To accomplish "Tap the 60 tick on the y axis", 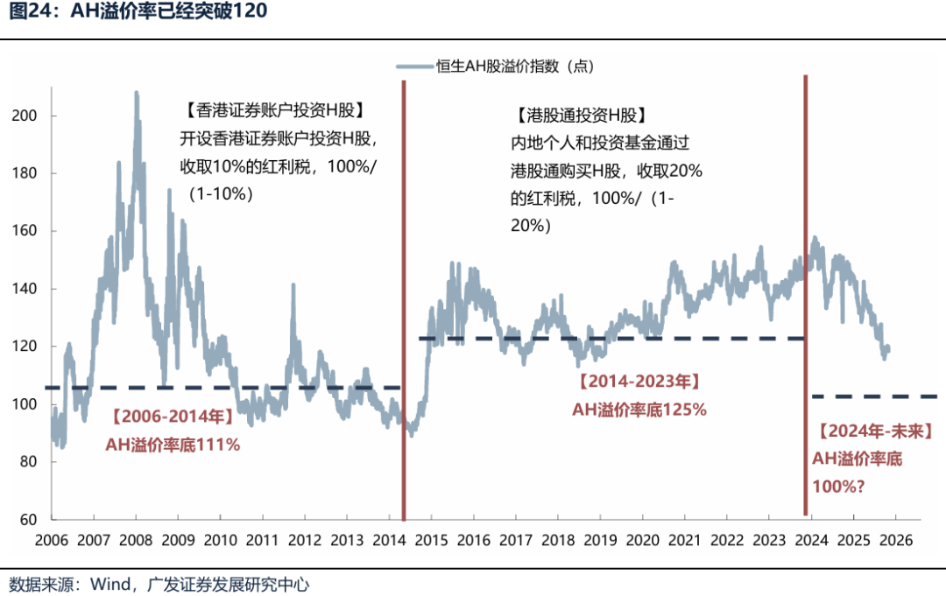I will click(x=27, y=520).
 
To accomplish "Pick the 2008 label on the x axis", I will click(x=136, y=540).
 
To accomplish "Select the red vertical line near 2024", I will click(x=805, y=263).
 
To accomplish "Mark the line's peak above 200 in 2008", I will click(x=136, y=92).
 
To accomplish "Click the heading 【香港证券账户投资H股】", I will click(x=275, y=111).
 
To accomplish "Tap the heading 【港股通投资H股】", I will click(x=581, y=115).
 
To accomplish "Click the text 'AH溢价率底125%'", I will click(x=639, y=409).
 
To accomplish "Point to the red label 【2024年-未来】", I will click(x=875, y=431).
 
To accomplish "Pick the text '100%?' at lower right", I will click(x=838, y=484).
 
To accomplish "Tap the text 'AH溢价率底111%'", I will click(x=173, y=445).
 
